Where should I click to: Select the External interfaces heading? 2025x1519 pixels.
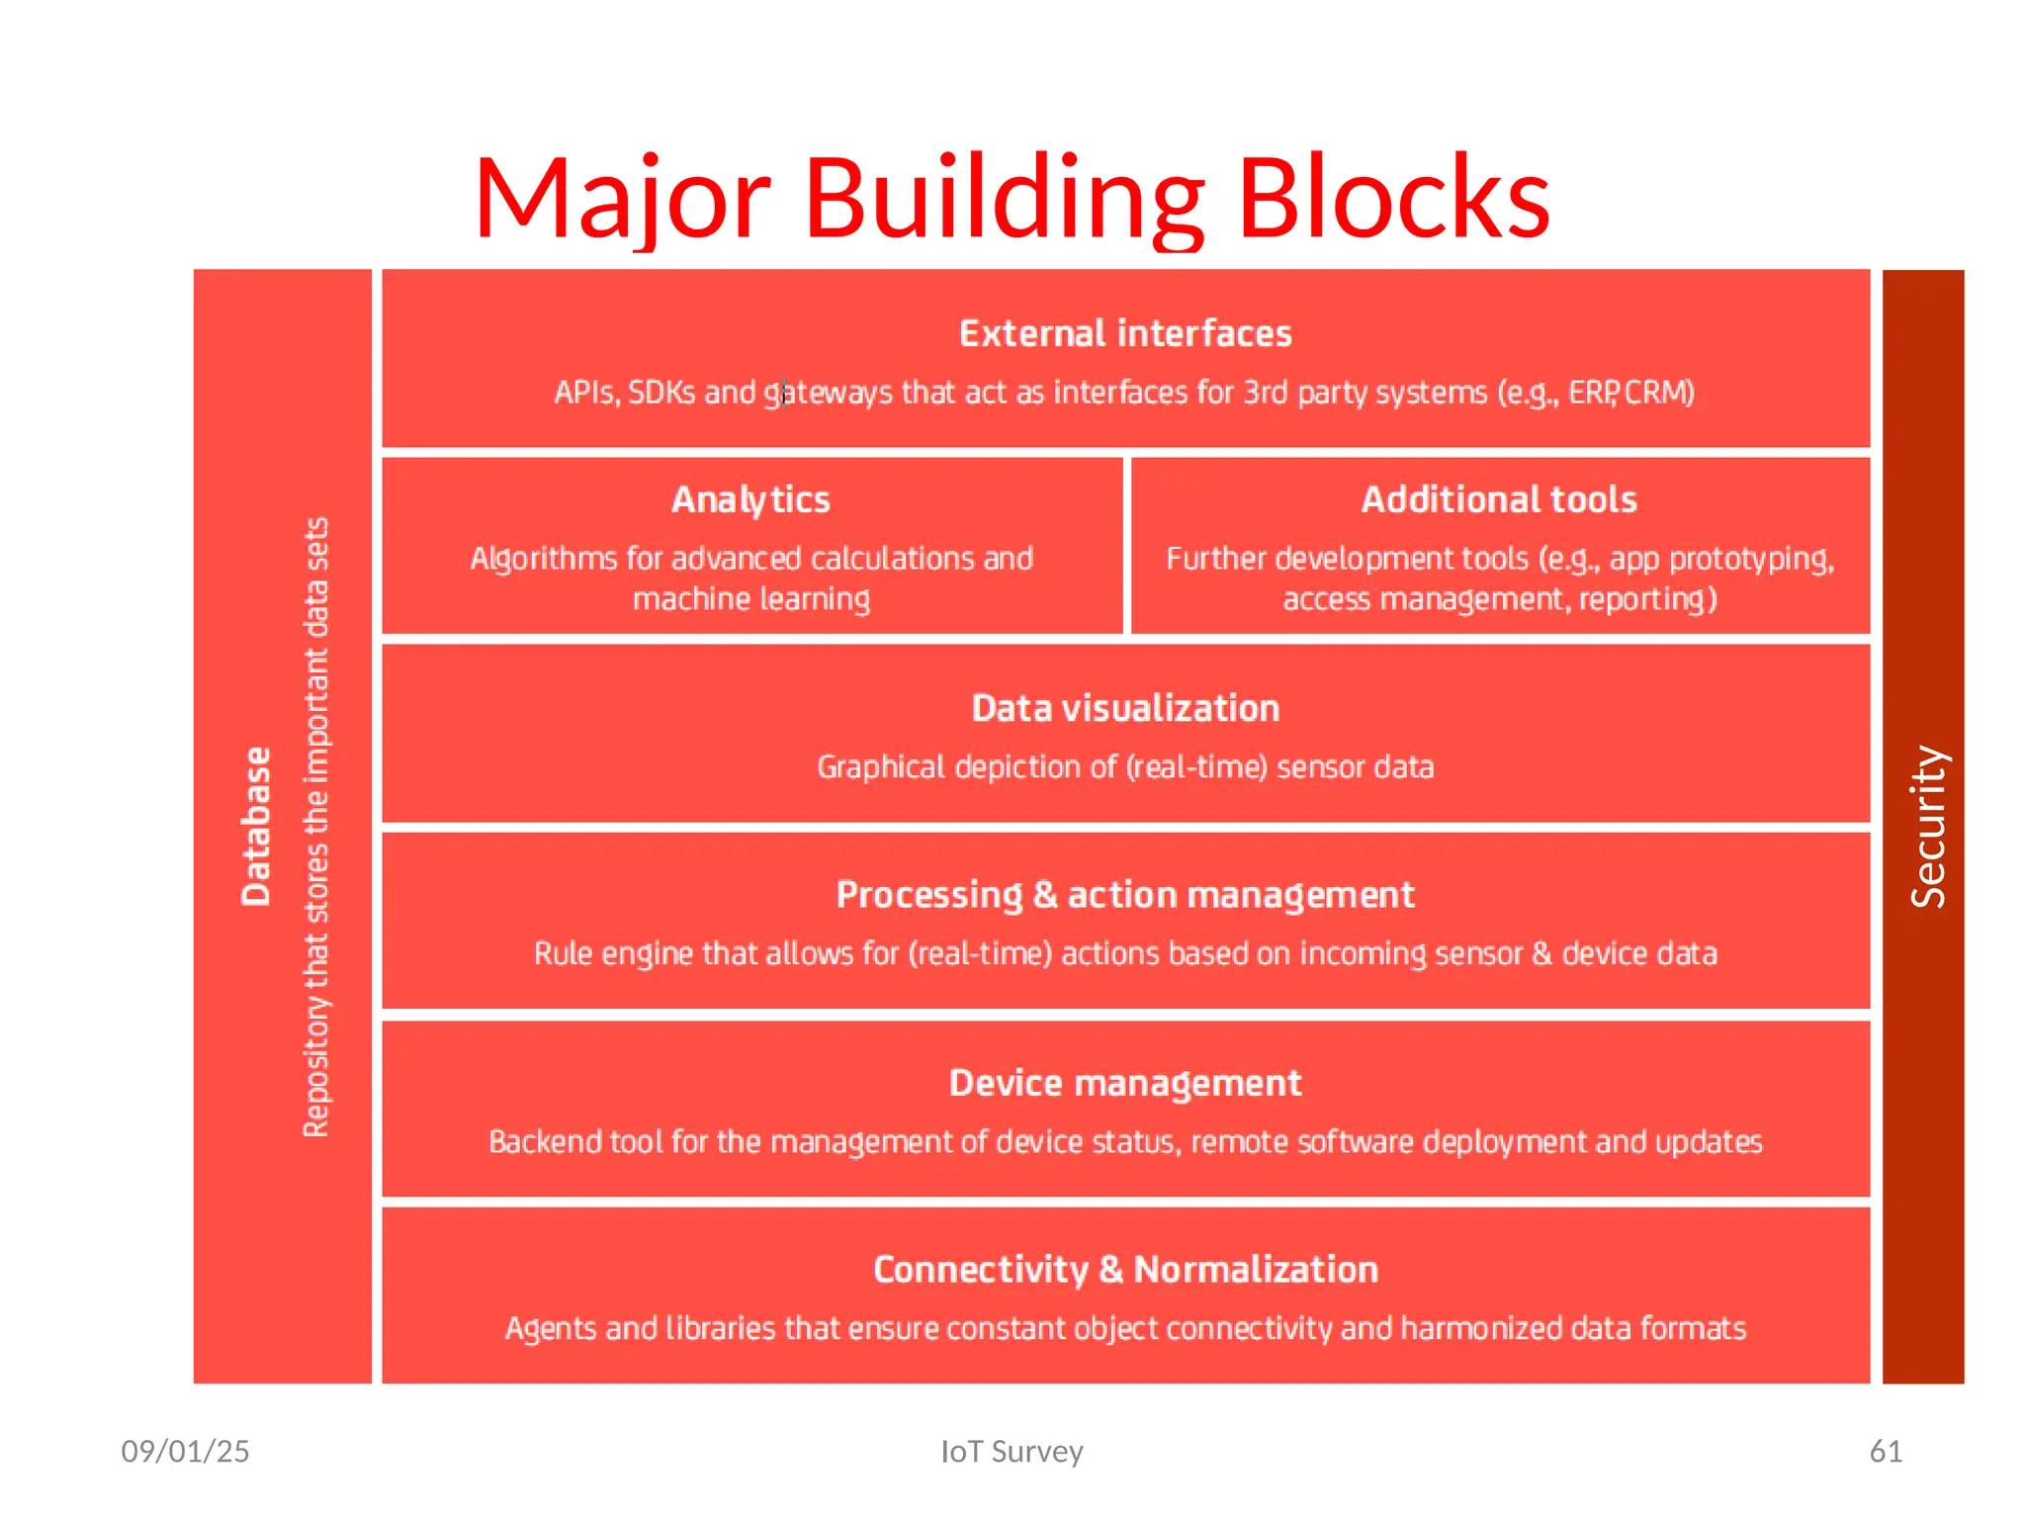tap(1125, 334)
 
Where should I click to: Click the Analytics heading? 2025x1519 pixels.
tap(750, 500)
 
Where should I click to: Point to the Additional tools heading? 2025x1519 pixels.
tap(1499, 500)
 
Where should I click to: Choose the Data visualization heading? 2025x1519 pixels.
tap(1125, 709)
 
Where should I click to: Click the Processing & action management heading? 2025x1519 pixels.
tap(1125, 895)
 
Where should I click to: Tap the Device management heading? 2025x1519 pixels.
tap(1125, 1084)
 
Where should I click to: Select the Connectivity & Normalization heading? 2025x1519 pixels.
tap(1125, 1270)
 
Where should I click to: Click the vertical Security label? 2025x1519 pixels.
tap(1928, 826)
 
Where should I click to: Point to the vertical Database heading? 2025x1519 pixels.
tap(256, 826)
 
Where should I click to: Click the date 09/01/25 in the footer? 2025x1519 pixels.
tap(185, 1451)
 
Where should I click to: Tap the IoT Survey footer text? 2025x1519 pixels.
tap(1012, 1451)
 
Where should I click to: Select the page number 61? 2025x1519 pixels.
tap(1886, 1451)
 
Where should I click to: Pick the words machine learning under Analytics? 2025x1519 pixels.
tap(751, 599)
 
